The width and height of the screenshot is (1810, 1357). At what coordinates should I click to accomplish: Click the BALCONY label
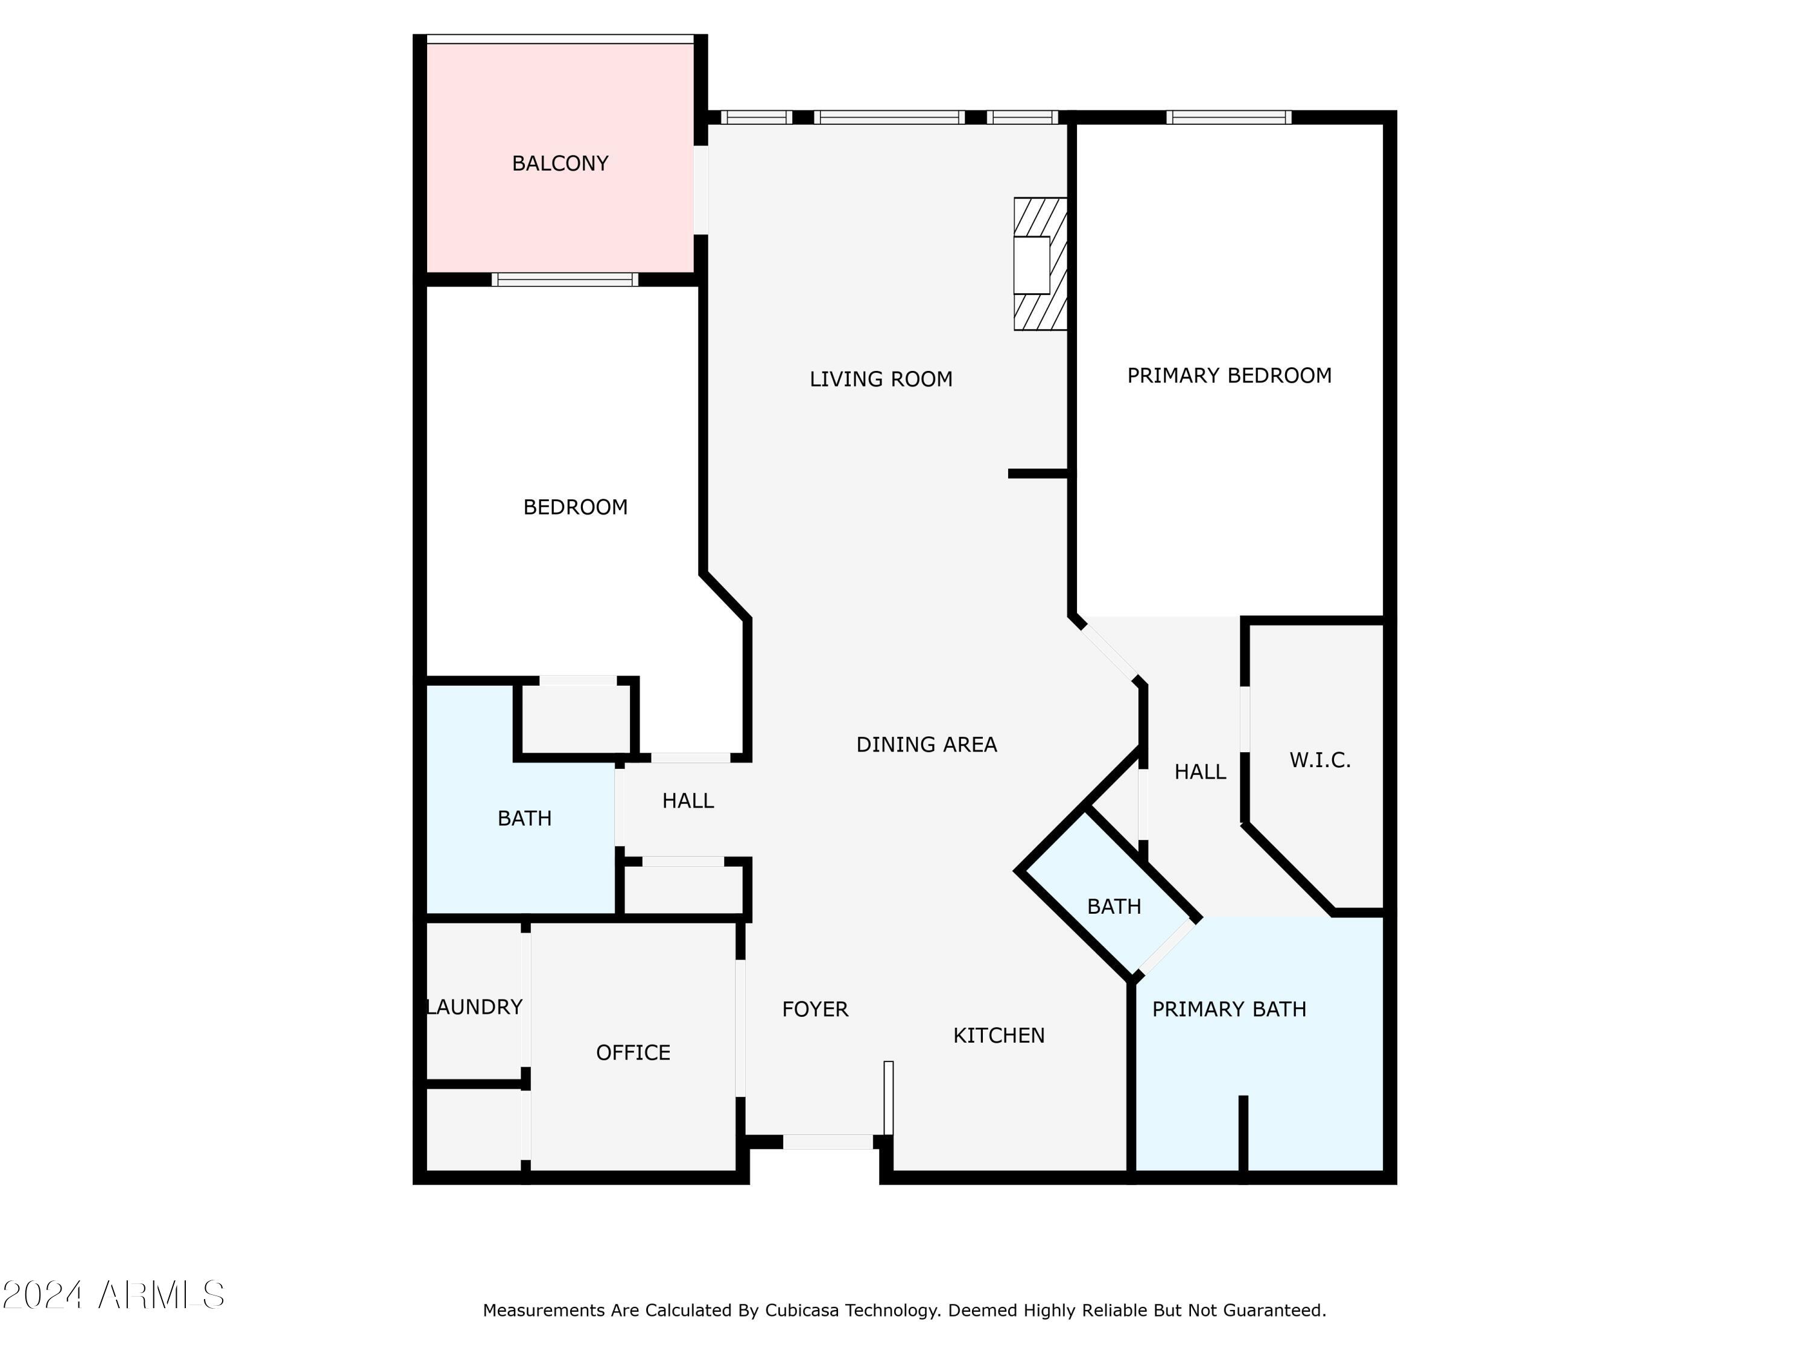pos(560,163)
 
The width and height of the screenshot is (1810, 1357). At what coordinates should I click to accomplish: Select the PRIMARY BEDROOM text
pos(1228,376)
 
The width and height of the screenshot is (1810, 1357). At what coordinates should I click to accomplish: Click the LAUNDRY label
pos(475,1007)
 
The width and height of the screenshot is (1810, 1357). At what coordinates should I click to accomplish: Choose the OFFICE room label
pos(632,1052)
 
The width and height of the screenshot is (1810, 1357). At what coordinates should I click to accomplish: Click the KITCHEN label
pos(999,1036)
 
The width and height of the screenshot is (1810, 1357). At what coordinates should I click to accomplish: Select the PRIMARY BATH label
pos(1228,1010)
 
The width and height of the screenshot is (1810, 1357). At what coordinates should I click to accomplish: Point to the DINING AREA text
pos(926,744)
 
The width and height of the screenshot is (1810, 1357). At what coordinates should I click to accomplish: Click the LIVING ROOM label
pos(880,379)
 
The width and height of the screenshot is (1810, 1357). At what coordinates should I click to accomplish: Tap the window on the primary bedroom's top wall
pos(1228,117)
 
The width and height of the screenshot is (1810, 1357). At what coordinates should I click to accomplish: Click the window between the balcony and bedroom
pos(565,280)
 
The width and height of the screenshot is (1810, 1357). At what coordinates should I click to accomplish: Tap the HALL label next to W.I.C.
pos(1199,771)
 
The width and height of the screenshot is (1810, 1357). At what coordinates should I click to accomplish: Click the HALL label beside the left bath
pos(687,801)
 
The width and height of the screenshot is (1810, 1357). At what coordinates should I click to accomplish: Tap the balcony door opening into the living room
pos(700,190)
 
